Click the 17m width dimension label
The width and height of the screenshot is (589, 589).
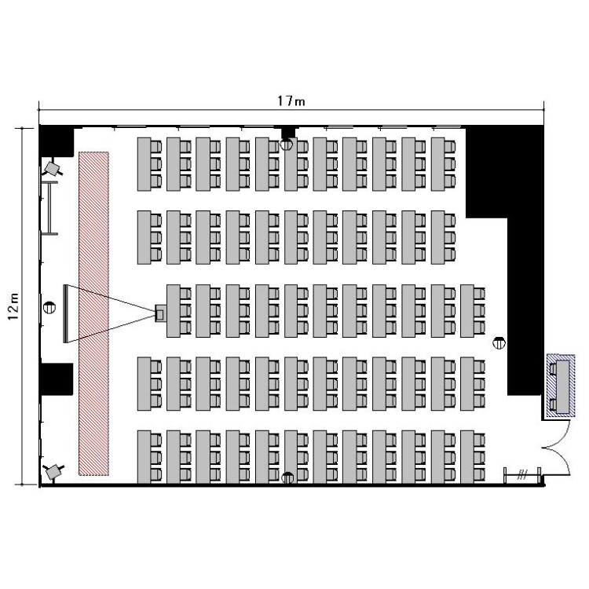[291, 101]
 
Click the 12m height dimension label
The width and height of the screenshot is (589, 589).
[13, 306]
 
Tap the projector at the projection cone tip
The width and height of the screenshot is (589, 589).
[160, 313]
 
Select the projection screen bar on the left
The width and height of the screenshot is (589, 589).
[66, 313]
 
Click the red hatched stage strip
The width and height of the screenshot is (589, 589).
[93, 313]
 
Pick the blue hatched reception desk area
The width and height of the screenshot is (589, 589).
[561, 385]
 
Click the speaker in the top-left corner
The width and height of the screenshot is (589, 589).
[52, 169]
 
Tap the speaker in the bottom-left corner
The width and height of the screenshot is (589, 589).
[53, 472]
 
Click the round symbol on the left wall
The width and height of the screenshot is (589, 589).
[49, 308]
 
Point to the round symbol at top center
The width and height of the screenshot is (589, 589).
[286, 145]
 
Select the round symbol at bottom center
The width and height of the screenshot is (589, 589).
[287, 477]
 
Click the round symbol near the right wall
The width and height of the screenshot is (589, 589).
[499, 342]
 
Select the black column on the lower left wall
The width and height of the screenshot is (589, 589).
[57, 379]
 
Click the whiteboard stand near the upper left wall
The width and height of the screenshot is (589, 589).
[49, 208]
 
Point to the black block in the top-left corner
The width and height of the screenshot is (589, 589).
[57, 141]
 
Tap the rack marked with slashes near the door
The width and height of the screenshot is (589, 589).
[521, 476]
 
